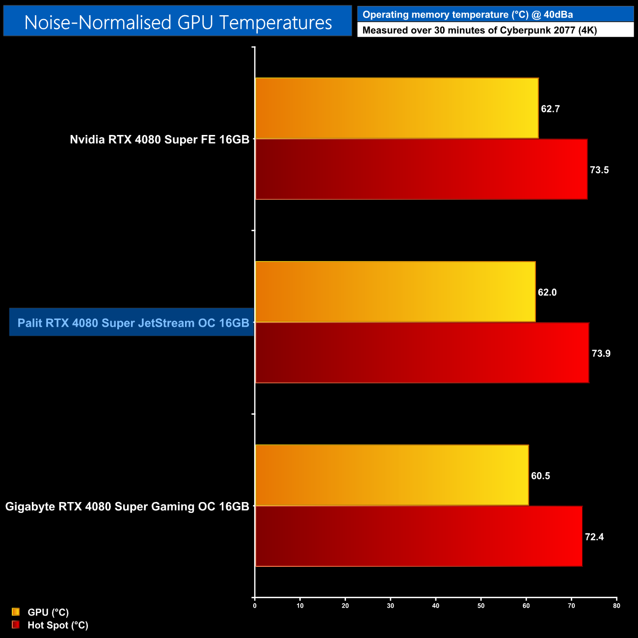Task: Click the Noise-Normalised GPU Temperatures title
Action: pos(178,22)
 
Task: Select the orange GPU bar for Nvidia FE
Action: pos(397,108)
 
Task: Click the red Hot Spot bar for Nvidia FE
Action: pos(421,169)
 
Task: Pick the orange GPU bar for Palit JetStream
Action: pos(395,292)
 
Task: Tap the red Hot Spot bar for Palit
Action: pos(422,353)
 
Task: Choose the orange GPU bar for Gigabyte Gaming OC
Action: pos(392,475)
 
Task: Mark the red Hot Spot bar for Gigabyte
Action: pos(419,536)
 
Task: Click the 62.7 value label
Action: pos(550,109)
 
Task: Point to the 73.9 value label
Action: pos(601,353)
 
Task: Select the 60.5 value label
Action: pos(540,476)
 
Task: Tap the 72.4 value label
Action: pos(594,537)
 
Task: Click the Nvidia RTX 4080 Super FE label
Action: pos(159,139)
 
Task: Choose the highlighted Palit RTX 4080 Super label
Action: pos(133,323)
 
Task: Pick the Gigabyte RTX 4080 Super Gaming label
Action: pos(127,506)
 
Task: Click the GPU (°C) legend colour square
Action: pos(16,612)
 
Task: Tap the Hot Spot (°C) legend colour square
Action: pos(16,625)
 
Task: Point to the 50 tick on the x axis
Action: pos(481,606)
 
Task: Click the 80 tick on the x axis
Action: pos(616,606)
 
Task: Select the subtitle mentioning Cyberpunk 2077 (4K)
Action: pos(479,30)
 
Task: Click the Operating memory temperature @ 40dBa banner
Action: pos(468,15)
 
